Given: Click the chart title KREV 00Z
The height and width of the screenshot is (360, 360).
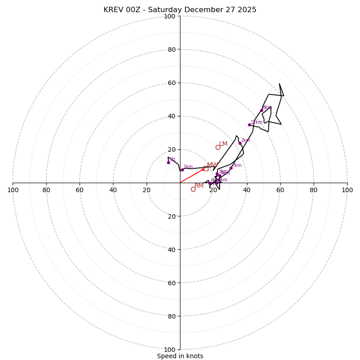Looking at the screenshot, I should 180,10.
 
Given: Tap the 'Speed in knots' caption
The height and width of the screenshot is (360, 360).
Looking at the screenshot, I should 180,356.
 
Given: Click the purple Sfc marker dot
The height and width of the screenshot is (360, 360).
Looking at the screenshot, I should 168,162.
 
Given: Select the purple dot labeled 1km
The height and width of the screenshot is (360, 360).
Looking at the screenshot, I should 182,170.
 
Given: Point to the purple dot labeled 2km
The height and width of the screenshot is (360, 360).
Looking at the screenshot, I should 240,143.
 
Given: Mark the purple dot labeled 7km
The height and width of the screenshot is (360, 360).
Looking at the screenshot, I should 231,168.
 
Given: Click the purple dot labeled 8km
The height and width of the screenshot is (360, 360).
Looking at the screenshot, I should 261,110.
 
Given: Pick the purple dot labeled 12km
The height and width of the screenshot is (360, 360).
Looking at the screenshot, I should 249,125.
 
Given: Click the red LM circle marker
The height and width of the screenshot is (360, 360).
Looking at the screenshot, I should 218,147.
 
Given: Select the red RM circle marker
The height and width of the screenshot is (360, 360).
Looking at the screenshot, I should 193,189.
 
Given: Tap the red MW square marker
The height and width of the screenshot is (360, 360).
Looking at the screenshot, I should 206,168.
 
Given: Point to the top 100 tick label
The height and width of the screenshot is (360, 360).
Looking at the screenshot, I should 170,16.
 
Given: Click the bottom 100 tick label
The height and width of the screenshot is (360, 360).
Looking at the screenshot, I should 170,350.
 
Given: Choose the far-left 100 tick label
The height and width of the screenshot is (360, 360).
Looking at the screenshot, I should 13,190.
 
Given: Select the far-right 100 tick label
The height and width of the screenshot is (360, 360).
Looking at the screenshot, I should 347,190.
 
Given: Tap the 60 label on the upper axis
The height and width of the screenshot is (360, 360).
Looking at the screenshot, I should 171,83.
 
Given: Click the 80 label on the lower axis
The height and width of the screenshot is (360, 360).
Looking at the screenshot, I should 171,316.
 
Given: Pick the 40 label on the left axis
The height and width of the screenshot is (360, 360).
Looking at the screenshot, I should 113,190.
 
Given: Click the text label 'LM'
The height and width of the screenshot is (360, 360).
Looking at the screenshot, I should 223,144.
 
